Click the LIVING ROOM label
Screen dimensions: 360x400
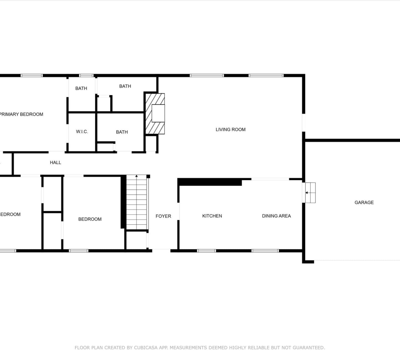pos(230,129)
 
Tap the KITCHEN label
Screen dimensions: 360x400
pos(212,216)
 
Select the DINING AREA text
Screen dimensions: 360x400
pos(276,216)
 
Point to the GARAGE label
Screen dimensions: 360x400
pos(364,202)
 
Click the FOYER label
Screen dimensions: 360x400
pos(163,216)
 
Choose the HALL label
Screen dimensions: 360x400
pos(55,163)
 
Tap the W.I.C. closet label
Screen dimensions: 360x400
pos(82,132)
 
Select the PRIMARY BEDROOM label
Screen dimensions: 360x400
pos(21,114)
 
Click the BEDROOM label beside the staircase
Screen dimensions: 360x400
pos(90,219)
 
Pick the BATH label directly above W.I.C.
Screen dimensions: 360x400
pos(81,88)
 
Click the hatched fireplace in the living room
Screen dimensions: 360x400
pos(155,114)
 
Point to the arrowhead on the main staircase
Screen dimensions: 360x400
pos(136,176)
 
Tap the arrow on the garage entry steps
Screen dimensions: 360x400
pos(307,192)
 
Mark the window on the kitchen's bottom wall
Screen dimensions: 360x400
pos(206,251)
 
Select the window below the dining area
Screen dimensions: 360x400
pos(265,251)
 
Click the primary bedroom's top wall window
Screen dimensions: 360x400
pos(32,75)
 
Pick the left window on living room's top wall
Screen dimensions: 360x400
pos(207,75)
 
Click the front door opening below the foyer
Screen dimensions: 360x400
pos(161,251)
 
